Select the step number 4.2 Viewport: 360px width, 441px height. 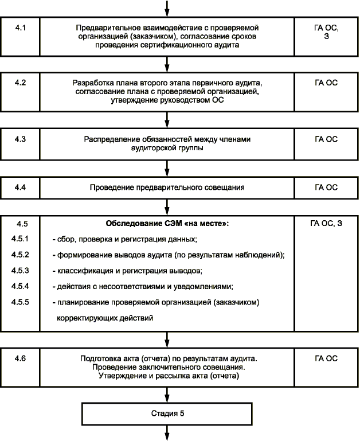21,82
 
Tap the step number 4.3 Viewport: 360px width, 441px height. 21,139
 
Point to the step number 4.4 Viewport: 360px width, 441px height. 21,187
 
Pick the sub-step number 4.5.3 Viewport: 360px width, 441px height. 21,270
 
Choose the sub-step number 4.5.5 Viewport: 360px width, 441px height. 21,300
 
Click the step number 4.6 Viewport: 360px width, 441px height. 21,358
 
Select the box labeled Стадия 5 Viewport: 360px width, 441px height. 167,412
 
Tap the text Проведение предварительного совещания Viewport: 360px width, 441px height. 167,187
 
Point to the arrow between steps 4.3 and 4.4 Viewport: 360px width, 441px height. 167,167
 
